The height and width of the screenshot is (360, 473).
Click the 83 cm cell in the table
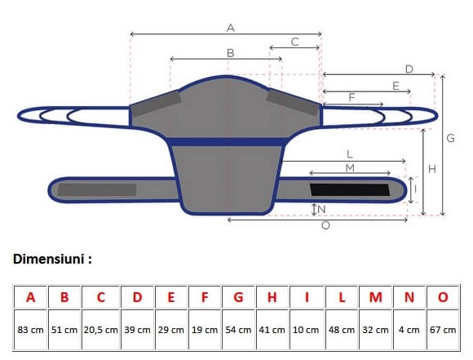[x=30, y=330]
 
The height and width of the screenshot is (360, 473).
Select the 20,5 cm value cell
[x=101, y=330]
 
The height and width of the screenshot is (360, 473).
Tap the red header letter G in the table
[x=238, y=297]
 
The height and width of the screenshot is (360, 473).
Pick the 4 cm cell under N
[x=409, y=330]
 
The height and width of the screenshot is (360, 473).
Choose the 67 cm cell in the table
[x=443, y=330]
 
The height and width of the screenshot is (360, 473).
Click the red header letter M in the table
[x=375, y=297]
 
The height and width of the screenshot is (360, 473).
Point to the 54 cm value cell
[x=238, y=330]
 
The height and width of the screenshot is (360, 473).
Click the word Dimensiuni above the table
[x=48, y=259]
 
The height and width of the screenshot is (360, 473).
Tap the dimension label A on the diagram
[x=231, y=28]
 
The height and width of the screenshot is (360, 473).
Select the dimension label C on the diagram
[x=295, y=42]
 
